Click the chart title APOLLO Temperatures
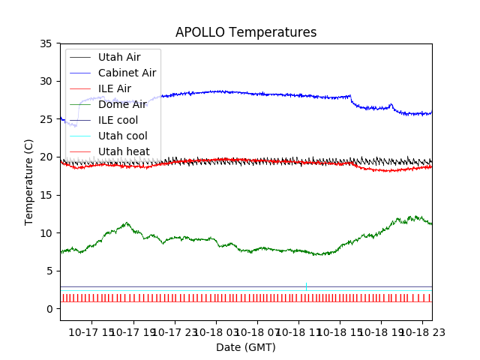point(246,32)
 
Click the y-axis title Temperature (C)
point(29,181)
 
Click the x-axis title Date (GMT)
point(246,347)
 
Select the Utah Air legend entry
point(118,57)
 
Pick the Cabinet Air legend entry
point(127,73)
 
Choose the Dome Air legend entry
point(122,104)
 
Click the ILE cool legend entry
point(118,120)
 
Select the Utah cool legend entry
point(122,136)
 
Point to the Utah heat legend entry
point(124,151)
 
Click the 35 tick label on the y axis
point(46,43)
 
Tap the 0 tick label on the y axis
point(49,309)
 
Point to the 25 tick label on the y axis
point(46,119)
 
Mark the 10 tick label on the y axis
point(46,233)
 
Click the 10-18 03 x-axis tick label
point(215,331)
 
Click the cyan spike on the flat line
point(306,286)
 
